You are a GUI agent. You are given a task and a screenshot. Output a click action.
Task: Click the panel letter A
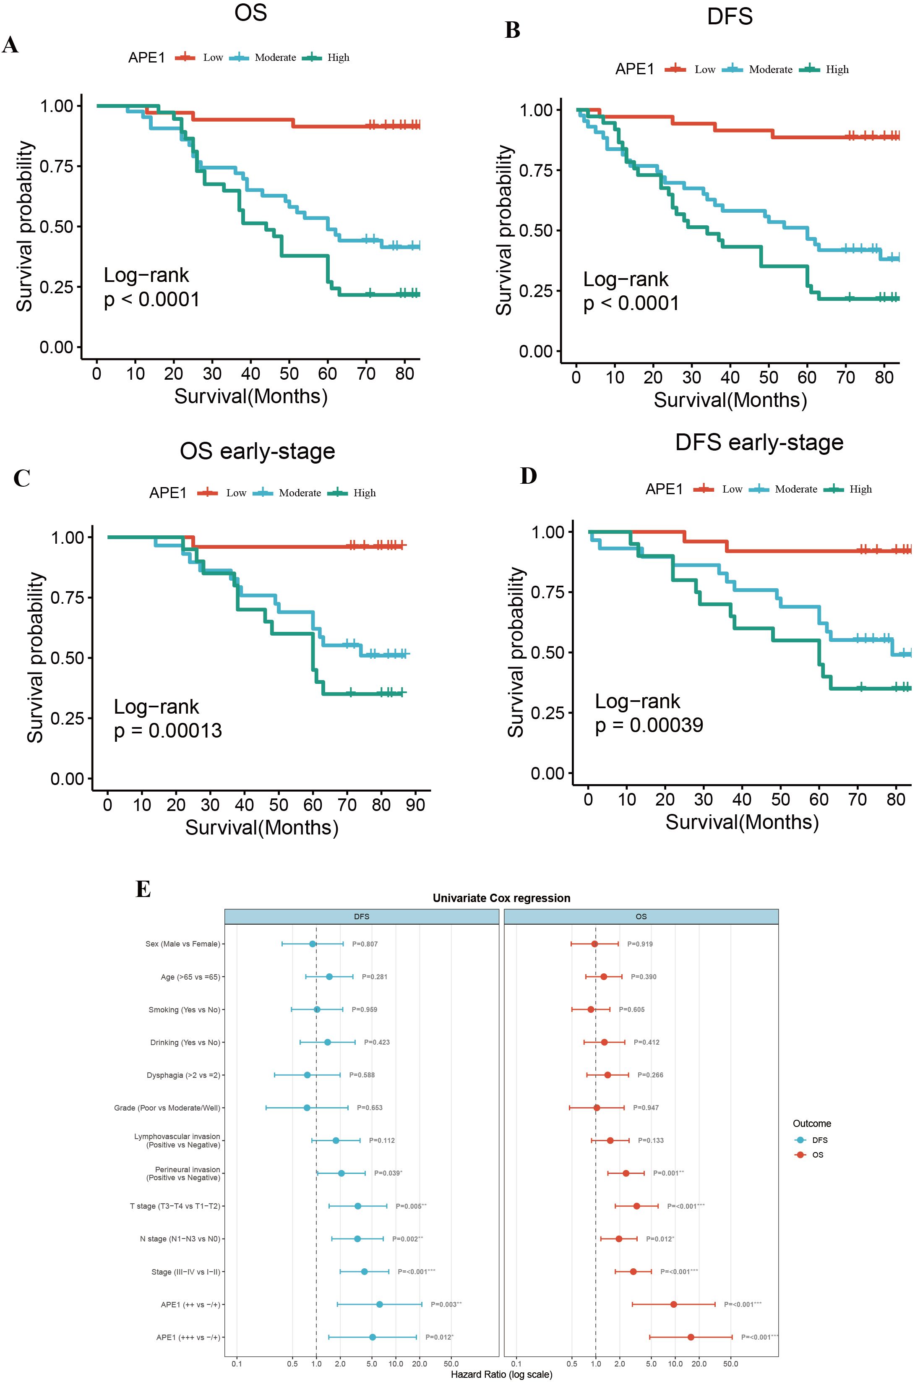point(10,45)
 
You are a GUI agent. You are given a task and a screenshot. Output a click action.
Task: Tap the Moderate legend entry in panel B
point(770,70)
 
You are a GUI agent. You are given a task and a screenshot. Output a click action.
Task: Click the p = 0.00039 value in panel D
point(649,725)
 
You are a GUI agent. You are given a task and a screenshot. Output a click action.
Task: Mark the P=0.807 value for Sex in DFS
point(365,944)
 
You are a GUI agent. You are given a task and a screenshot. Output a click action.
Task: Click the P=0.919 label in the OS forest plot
point(640,944)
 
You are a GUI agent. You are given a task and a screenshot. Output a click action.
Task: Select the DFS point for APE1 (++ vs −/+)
point(379,1304)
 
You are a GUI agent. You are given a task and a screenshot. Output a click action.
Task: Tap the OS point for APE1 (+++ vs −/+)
point(691,1337)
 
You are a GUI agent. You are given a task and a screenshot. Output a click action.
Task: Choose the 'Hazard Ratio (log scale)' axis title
point(501,1374)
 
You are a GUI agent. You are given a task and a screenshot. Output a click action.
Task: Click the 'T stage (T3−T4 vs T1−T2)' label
point(175,1206)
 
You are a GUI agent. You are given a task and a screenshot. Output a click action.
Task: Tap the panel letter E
point(143,889)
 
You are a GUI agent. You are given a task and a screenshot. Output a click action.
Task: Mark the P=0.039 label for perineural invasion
point(388,1173)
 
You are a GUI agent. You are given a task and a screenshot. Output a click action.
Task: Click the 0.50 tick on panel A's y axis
point(57,227)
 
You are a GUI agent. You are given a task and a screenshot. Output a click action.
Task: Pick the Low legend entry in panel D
point(732,489)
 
